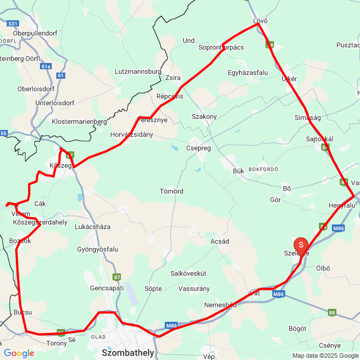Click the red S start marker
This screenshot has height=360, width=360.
[x=301, y=245]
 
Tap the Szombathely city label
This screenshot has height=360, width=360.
[x=128, y=353]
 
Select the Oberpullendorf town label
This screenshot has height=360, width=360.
[x=32, y=33]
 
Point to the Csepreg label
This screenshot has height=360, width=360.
[x=198, y=148]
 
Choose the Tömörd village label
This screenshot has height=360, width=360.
[x=172, y=191]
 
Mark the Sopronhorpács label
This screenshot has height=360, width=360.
[x=221, y=48]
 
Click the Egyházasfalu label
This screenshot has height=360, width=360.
[x=248, y=73]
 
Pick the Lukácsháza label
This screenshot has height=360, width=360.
[x=92, y=227]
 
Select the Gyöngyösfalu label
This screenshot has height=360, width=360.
[x=98, y=249]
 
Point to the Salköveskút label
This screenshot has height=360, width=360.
[x=188, y=273]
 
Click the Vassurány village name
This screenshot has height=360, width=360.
[x=193, y=288]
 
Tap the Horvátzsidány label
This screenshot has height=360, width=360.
[x=132, y=135]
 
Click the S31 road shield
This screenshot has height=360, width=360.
[x=13, y=24]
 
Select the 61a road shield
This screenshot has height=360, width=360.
[x=46, y=66]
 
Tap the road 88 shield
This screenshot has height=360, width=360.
[x=332, y=312]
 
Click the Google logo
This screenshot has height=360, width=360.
[x=19, y=353]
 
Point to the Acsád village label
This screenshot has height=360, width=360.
[x=219, y=241]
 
